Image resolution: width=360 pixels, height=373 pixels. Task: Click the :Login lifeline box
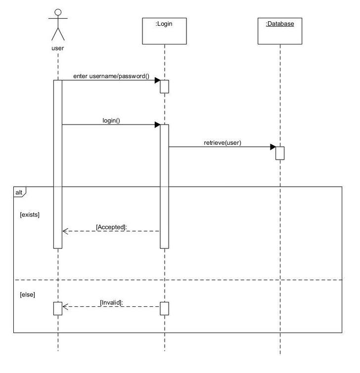(164, 31)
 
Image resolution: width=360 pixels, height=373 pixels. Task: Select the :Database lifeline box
(280, 31)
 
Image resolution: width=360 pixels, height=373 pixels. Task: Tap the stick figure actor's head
(58, 13)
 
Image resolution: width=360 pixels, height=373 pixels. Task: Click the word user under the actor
(58, 48)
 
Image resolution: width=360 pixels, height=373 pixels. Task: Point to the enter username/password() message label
(111, 76)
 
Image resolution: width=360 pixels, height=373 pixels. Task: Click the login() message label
(111, 120)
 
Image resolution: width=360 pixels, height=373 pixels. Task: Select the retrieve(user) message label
(223, 143)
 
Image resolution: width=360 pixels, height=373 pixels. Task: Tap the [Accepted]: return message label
(111, 227)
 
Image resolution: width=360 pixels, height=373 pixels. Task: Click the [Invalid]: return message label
(111, 302)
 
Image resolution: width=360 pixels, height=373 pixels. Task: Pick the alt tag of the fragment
(19, 192)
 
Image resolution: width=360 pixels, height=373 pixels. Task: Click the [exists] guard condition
(30, 215)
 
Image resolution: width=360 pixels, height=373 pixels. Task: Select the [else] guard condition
(27, 294)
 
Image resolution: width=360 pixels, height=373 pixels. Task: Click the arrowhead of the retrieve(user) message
(273, 147)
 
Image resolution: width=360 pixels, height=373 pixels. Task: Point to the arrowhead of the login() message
(157, 124)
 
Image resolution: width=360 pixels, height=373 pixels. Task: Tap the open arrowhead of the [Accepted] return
(65, 231)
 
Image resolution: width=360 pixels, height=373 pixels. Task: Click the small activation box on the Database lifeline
(280, 153)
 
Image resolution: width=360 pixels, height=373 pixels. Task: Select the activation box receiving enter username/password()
(164, 86)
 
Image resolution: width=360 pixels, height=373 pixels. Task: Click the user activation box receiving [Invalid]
(58, 308)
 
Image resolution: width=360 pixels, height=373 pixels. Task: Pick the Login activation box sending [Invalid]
(164, 308)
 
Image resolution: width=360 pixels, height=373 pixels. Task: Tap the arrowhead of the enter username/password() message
(157, 80)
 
